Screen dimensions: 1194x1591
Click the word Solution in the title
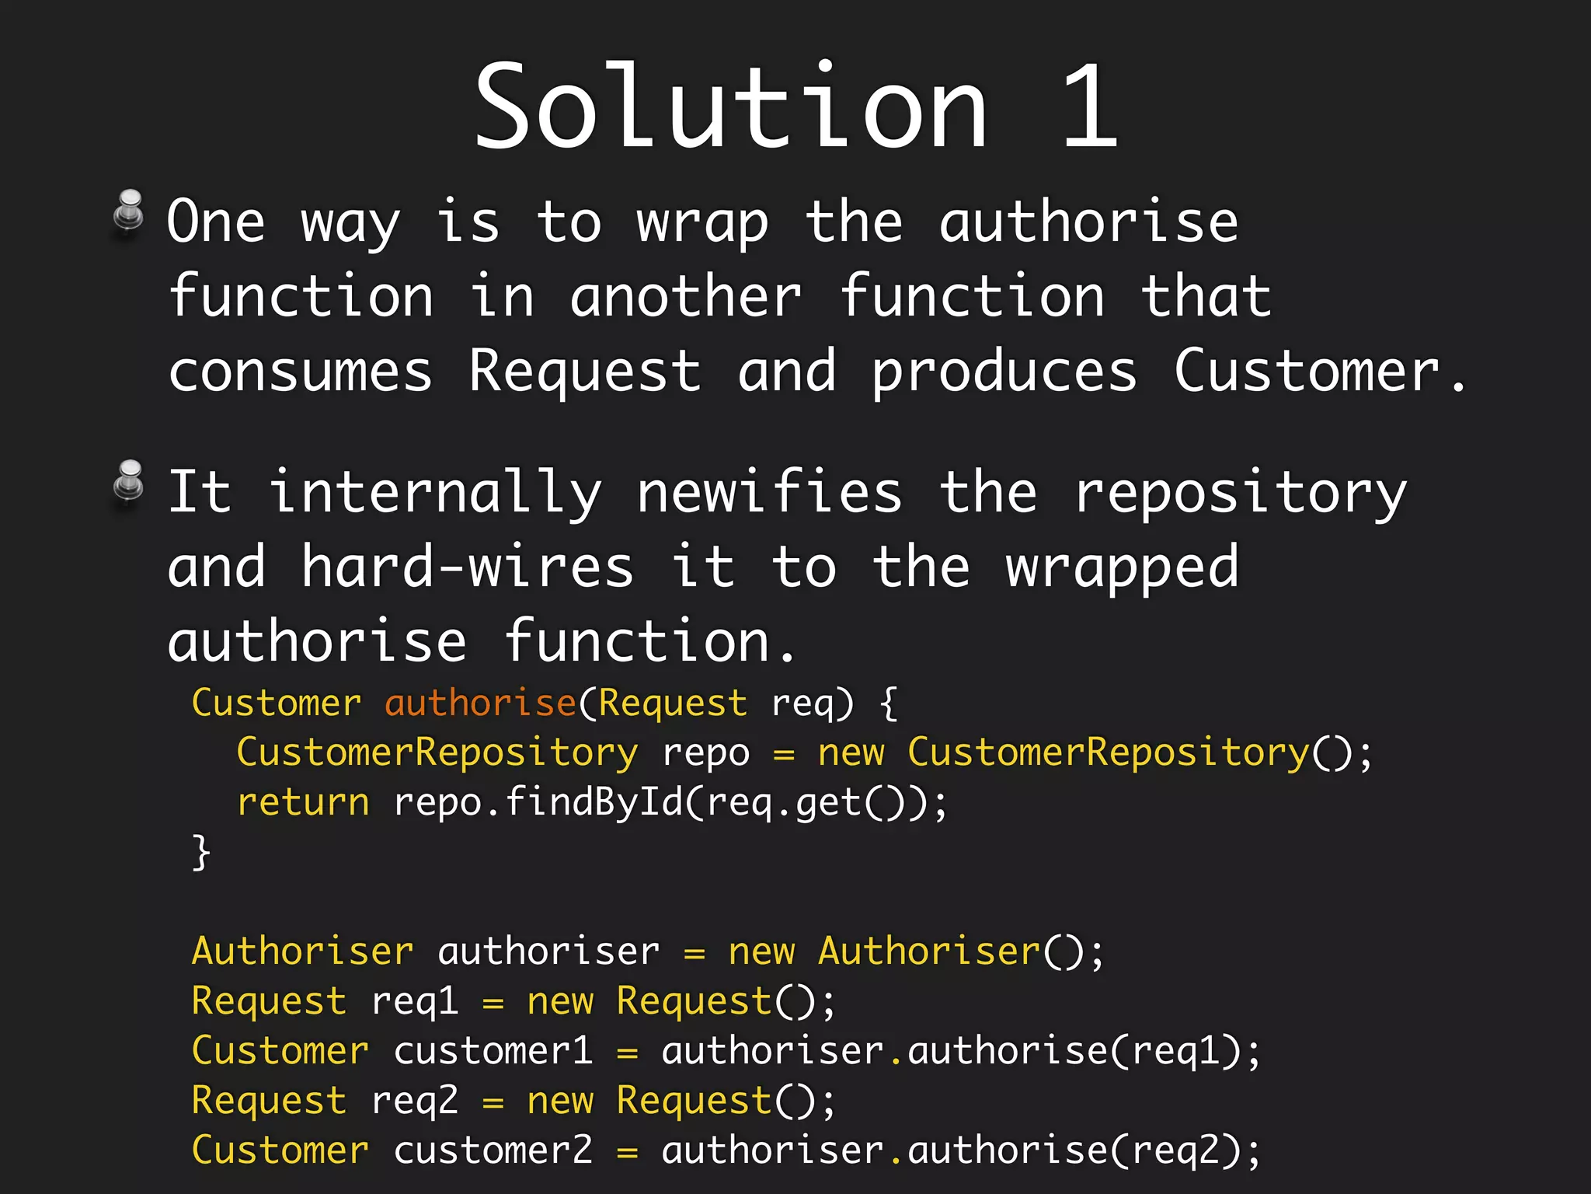pos(730,106)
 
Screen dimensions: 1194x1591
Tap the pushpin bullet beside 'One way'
pos(130,212)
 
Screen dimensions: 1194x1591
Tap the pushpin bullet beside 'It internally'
pos(130,483)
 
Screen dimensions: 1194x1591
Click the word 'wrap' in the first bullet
pos(702,224)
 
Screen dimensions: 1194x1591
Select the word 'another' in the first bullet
pos(686,298)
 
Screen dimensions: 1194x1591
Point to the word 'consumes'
pos(300,372)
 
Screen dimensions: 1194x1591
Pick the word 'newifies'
pos(769,492)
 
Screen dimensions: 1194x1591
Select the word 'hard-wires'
pos(467,567)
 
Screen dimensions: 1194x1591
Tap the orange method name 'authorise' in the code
pos(480,703)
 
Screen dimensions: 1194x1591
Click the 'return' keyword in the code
pos(303,802)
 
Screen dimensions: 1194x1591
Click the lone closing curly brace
pos(201,853)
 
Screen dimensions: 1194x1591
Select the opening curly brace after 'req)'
pos(889,703)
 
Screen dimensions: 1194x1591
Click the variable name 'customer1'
pos(493,1051)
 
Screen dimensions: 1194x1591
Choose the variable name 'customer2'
pos(493,1150)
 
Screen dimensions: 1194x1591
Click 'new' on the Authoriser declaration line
pos(761,951)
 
